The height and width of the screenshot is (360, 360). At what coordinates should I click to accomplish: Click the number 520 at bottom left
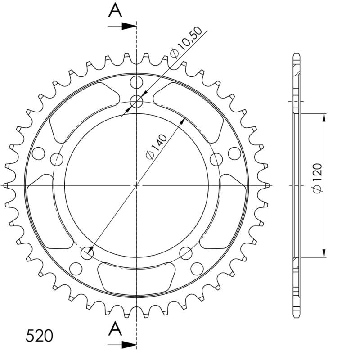point(40,336)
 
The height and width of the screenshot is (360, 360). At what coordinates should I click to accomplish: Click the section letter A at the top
point(116,10)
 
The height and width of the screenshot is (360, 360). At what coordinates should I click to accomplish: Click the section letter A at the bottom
point(116,330)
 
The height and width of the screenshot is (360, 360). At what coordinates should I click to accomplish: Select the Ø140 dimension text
point(157,147)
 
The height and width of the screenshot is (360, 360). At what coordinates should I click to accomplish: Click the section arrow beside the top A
point(128,26)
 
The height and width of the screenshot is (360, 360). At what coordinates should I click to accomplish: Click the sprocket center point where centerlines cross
point(136,185)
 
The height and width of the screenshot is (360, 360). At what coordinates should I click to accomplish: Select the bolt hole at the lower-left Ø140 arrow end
point(87,253)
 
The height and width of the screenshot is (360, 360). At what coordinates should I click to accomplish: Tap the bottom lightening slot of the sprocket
point(136,276)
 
